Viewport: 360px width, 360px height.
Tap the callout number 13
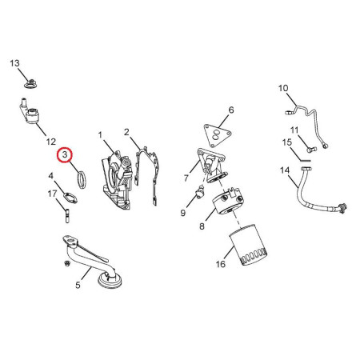pos(14,63)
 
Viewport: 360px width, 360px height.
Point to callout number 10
pos(282,88)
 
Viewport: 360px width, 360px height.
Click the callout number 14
pos(284,171)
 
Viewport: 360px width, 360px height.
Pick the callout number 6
pos(230,110)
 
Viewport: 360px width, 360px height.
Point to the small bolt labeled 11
pos(310,148)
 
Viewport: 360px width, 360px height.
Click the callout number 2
pos(126,132)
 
